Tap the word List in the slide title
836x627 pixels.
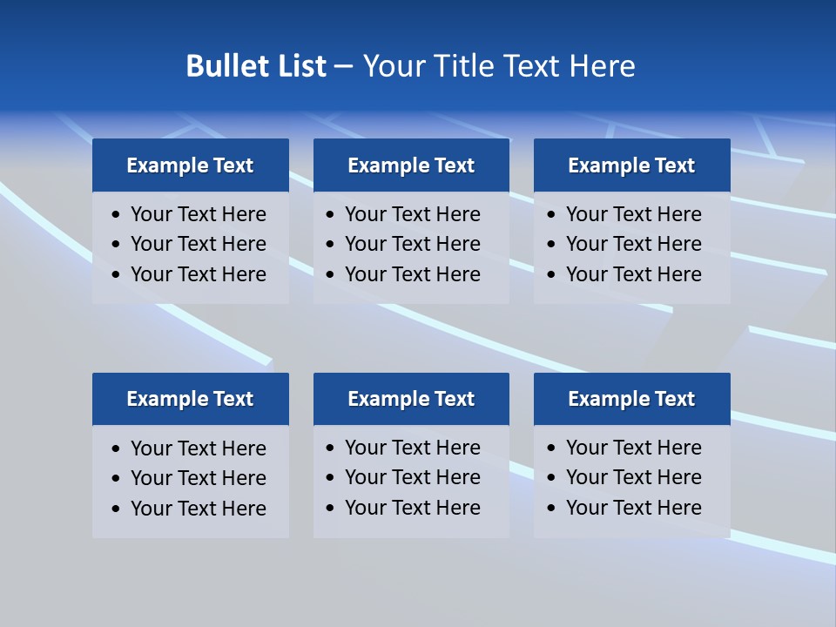[299, 66]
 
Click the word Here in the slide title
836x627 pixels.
[602, 66]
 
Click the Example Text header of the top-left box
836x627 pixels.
[190, 165]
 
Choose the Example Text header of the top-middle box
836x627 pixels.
[411, 165]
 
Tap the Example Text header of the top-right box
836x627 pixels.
[631, 165]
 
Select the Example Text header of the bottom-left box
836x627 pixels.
[190, 399]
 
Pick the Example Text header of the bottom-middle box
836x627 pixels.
[411, 399]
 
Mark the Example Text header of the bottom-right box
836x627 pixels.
[631, 399]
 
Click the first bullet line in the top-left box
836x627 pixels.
[198, 214]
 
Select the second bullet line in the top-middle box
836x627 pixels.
[412, 244]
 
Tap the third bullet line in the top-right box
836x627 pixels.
[633, 274]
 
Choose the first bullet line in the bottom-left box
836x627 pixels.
[198, 448]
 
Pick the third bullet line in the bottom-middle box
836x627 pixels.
[412, 508]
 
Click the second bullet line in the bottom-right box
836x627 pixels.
[633, 477]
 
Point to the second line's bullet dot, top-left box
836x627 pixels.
[117, 245]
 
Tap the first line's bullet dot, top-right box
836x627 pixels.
[551, 215]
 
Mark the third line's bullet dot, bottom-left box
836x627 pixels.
[117, 509]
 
